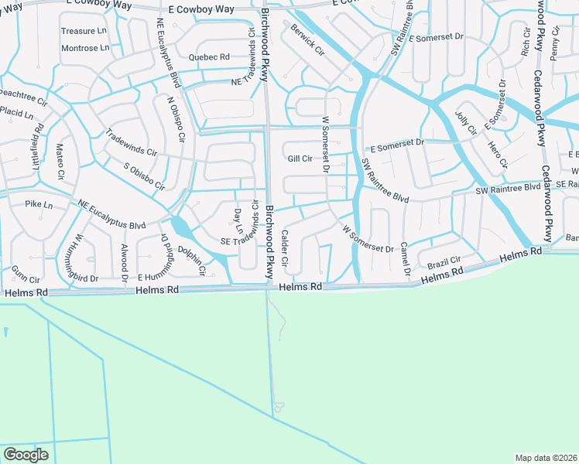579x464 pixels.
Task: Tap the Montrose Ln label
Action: pos(80,48)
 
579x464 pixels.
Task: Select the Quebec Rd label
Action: pos(209,57)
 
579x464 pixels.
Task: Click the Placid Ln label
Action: pos(17,114)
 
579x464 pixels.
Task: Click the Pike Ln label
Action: pos(38,205)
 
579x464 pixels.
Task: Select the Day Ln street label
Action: pos(238,221)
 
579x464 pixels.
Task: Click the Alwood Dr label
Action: pos(124,261)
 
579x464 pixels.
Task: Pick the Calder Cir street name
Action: pos(285,249)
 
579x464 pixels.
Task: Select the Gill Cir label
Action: pos(300,159)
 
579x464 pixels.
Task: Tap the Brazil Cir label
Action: pos(444,263)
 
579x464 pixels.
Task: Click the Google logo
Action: pos(26,455)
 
